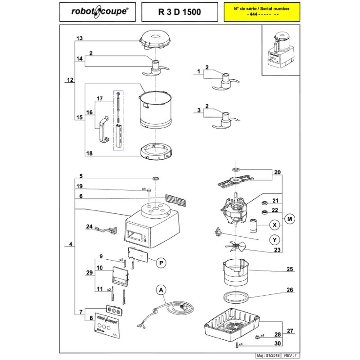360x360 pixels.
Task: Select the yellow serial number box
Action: (263, 12)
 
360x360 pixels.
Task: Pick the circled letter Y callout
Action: (273, 238)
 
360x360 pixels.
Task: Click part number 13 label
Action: (80, 40)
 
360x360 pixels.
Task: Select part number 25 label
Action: (290, 270)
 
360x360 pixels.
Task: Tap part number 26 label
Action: (290, 290)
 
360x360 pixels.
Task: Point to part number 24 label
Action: (89, 227)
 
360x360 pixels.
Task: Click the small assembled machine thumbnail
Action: (279, 50)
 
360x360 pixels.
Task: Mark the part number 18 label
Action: (89, 153)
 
